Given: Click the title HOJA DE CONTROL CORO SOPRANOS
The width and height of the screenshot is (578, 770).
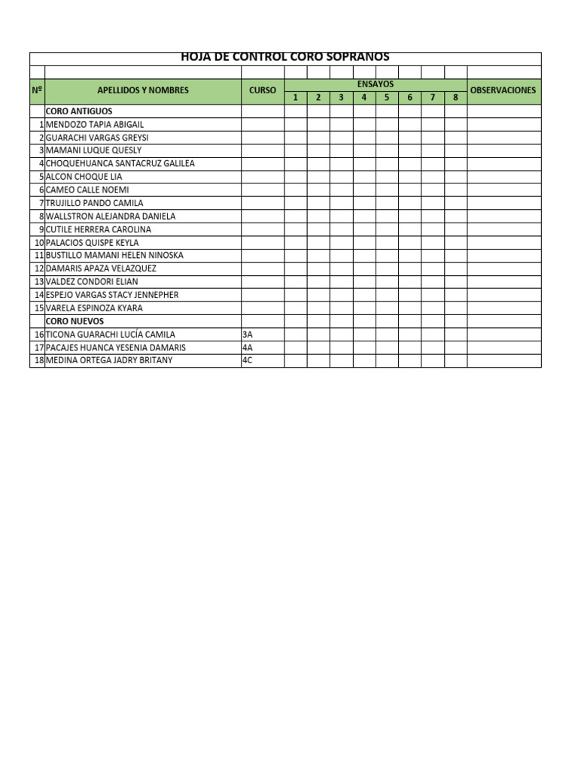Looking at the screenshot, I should coord(285,57).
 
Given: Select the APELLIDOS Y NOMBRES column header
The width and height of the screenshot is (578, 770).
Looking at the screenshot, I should coord(143,90).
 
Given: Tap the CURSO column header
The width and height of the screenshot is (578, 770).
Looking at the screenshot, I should coord(263,90).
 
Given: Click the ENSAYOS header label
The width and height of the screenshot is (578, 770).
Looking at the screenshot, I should coord(376,84).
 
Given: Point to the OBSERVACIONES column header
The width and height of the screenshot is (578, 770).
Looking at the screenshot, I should coord(503,90).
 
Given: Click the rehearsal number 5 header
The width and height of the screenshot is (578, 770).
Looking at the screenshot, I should coord(387,98).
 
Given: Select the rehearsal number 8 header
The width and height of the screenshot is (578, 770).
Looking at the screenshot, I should coord(455,98).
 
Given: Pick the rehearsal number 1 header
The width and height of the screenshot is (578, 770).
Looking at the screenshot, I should coord(296,98).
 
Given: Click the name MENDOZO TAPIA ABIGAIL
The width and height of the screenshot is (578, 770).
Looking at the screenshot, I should coord(94,124).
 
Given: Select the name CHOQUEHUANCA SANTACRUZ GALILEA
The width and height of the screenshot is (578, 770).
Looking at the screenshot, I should coord(120,163).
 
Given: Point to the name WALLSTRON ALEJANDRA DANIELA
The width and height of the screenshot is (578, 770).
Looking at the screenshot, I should coord(111,216).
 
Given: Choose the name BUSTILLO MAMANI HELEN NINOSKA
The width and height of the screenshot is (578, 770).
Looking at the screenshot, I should coord(114,256).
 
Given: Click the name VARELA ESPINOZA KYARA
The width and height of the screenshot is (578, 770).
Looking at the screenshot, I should coord(94,308).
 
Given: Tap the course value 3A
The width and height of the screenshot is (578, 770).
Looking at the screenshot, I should coord(248,335).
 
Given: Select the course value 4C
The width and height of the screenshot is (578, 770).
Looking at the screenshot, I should coord(248,360).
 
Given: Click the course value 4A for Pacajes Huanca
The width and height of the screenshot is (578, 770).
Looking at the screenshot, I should coord(248,347).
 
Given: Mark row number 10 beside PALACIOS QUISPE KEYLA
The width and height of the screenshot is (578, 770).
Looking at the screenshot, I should coord(38,243).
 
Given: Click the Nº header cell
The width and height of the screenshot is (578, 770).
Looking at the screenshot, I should coord(37,90).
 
